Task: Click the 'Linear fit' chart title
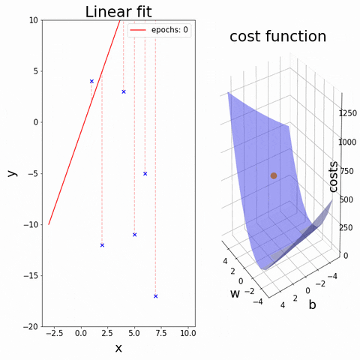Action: point(118,11)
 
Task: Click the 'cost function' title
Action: point(277,37)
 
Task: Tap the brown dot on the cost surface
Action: point(274,175)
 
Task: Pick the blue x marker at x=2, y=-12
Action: point(102,245)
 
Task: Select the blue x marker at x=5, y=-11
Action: point(134,235)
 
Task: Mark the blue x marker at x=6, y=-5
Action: point(145,173)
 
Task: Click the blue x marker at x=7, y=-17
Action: point(156,296)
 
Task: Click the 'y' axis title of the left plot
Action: point(11,173)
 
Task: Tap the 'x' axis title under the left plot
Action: point(118,349)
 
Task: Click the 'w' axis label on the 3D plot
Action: point(235,292)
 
